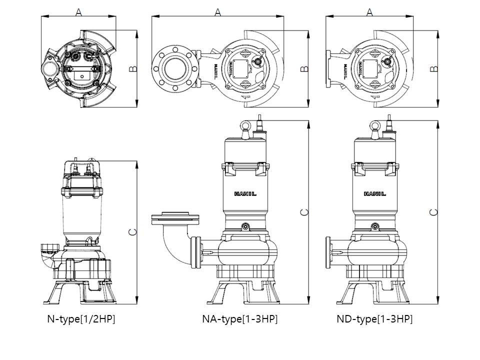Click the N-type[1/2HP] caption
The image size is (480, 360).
(81, 319)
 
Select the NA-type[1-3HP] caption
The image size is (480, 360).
(239, 319)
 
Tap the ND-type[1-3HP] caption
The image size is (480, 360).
(374, 319)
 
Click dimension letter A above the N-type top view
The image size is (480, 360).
(78, 12)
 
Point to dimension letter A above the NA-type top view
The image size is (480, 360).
(217, 12)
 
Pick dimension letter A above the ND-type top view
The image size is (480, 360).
(370, 12)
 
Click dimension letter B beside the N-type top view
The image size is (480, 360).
(132, 69)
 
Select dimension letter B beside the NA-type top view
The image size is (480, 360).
(304, 69)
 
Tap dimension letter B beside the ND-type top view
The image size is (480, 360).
(434, 69)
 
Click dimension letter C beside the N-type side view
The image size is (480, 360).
(132, 232)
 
